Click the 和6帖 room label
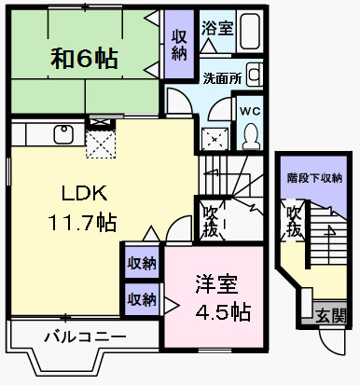pos(84,60)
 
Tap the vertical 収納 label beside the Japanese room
pos(179,44)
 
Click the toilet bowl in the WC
pos(250,136)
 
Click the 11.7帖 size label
pos(83,223)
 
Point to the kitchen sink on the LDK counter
pos(63,133)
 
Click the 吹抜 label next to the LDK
pos(212,219)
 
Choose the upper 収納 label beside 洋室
pos(142,262)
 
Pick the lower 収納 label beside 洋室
pos(142,299)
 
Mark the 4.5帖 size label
pos(222,310)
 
